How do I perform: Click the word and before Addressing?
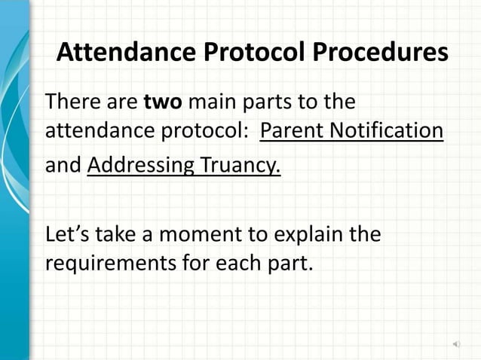click(x=63, y=165)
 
